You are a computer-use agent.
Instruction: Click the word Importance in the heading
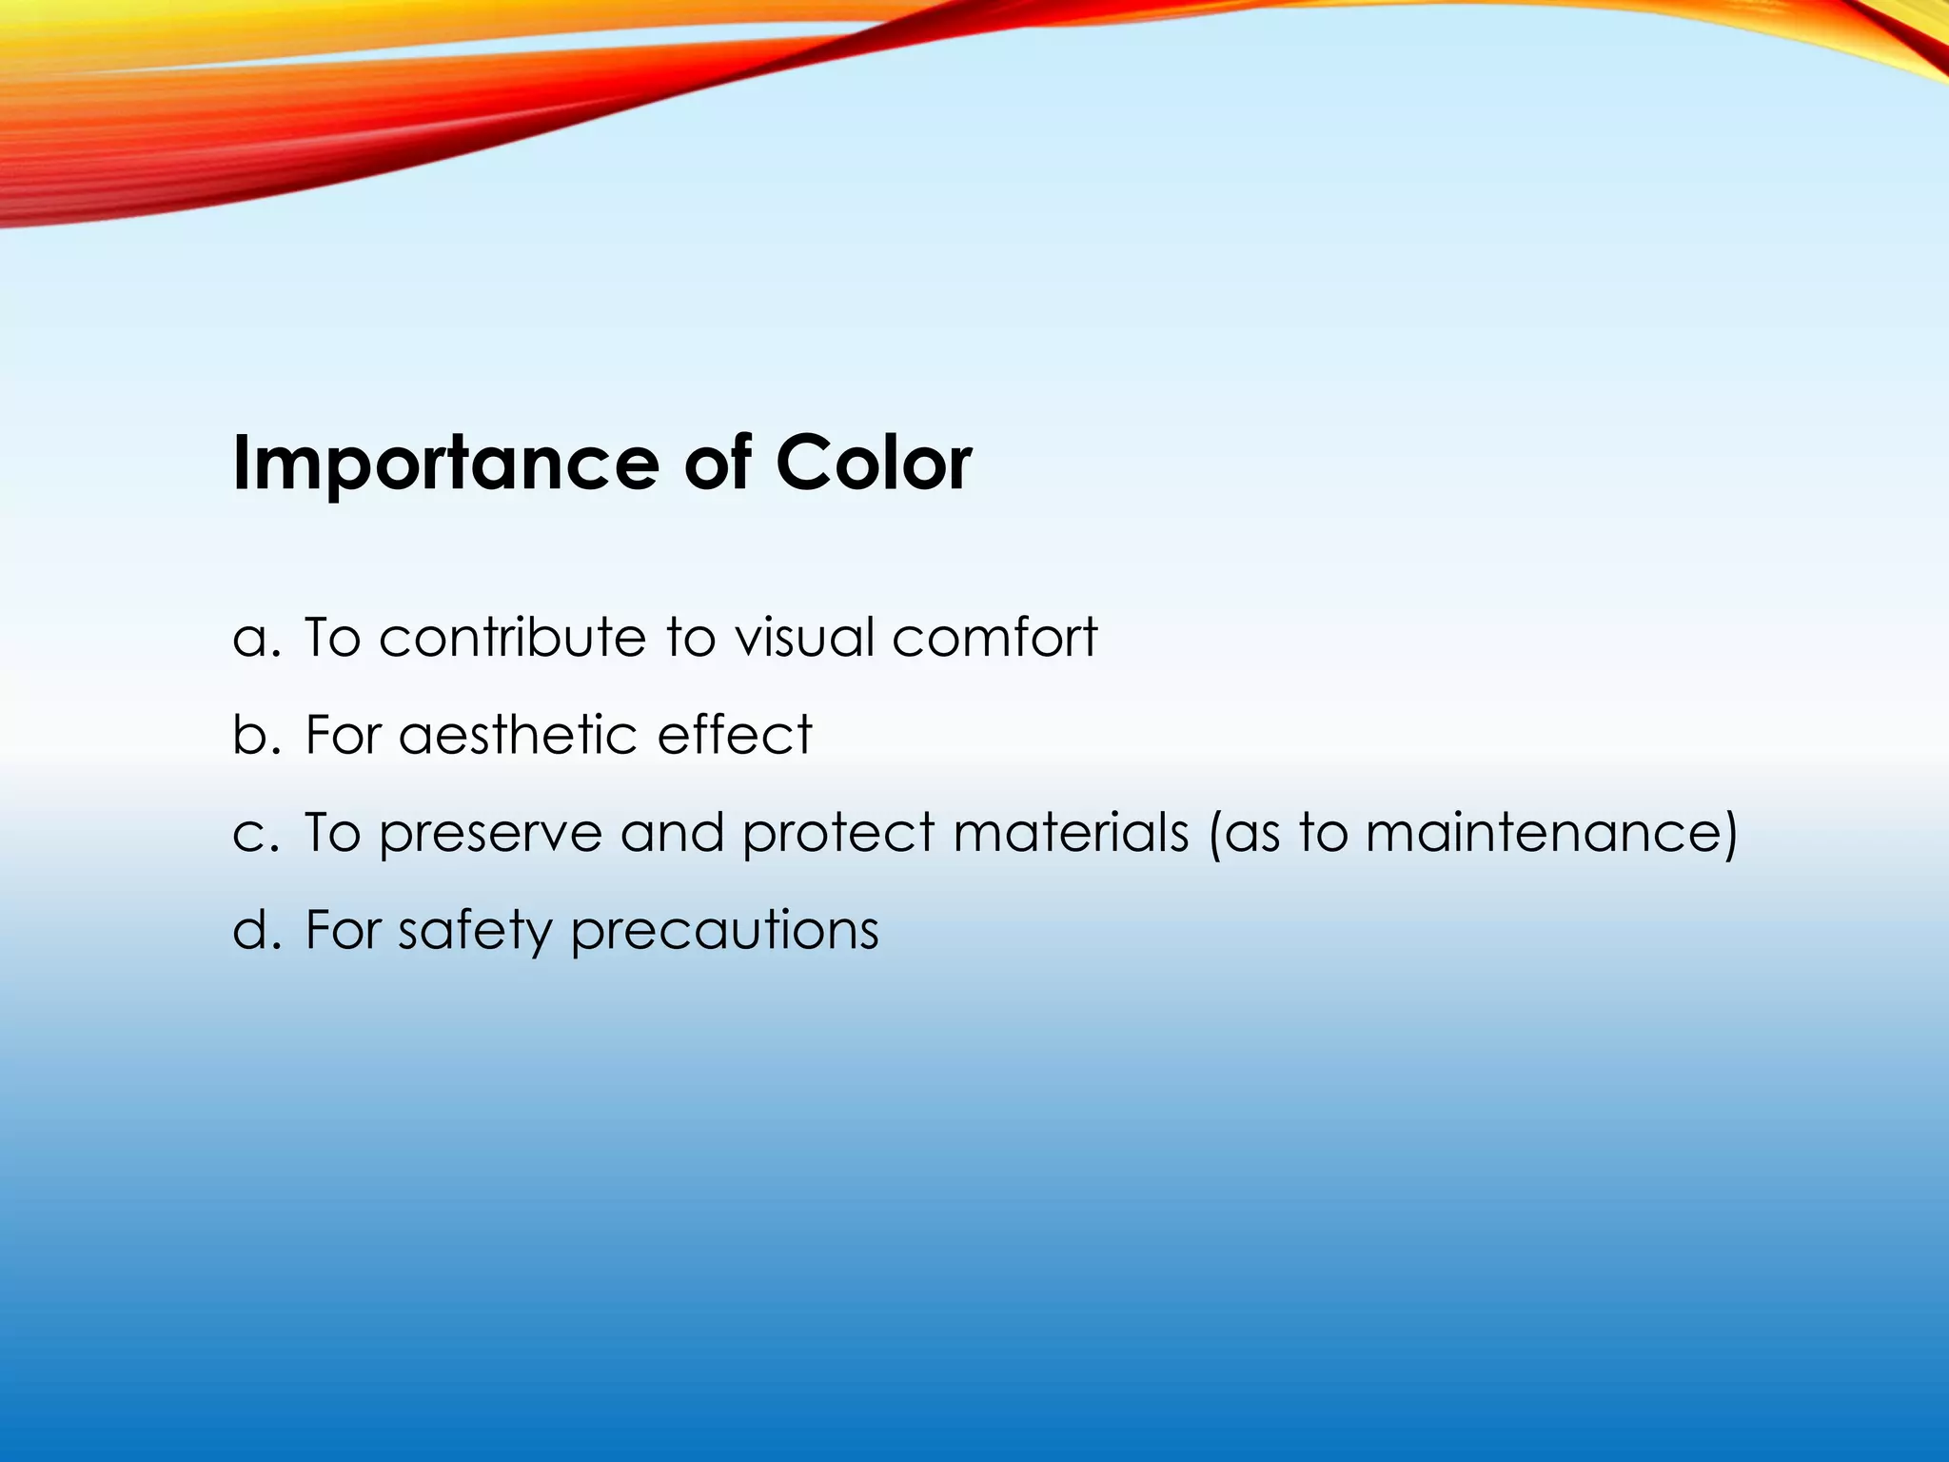445,464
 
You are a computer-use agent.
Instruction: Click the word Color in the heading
873,464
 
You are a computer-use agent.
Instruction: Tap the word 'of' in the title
718,464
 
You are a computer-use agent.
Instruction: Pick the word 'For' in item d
342,930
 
